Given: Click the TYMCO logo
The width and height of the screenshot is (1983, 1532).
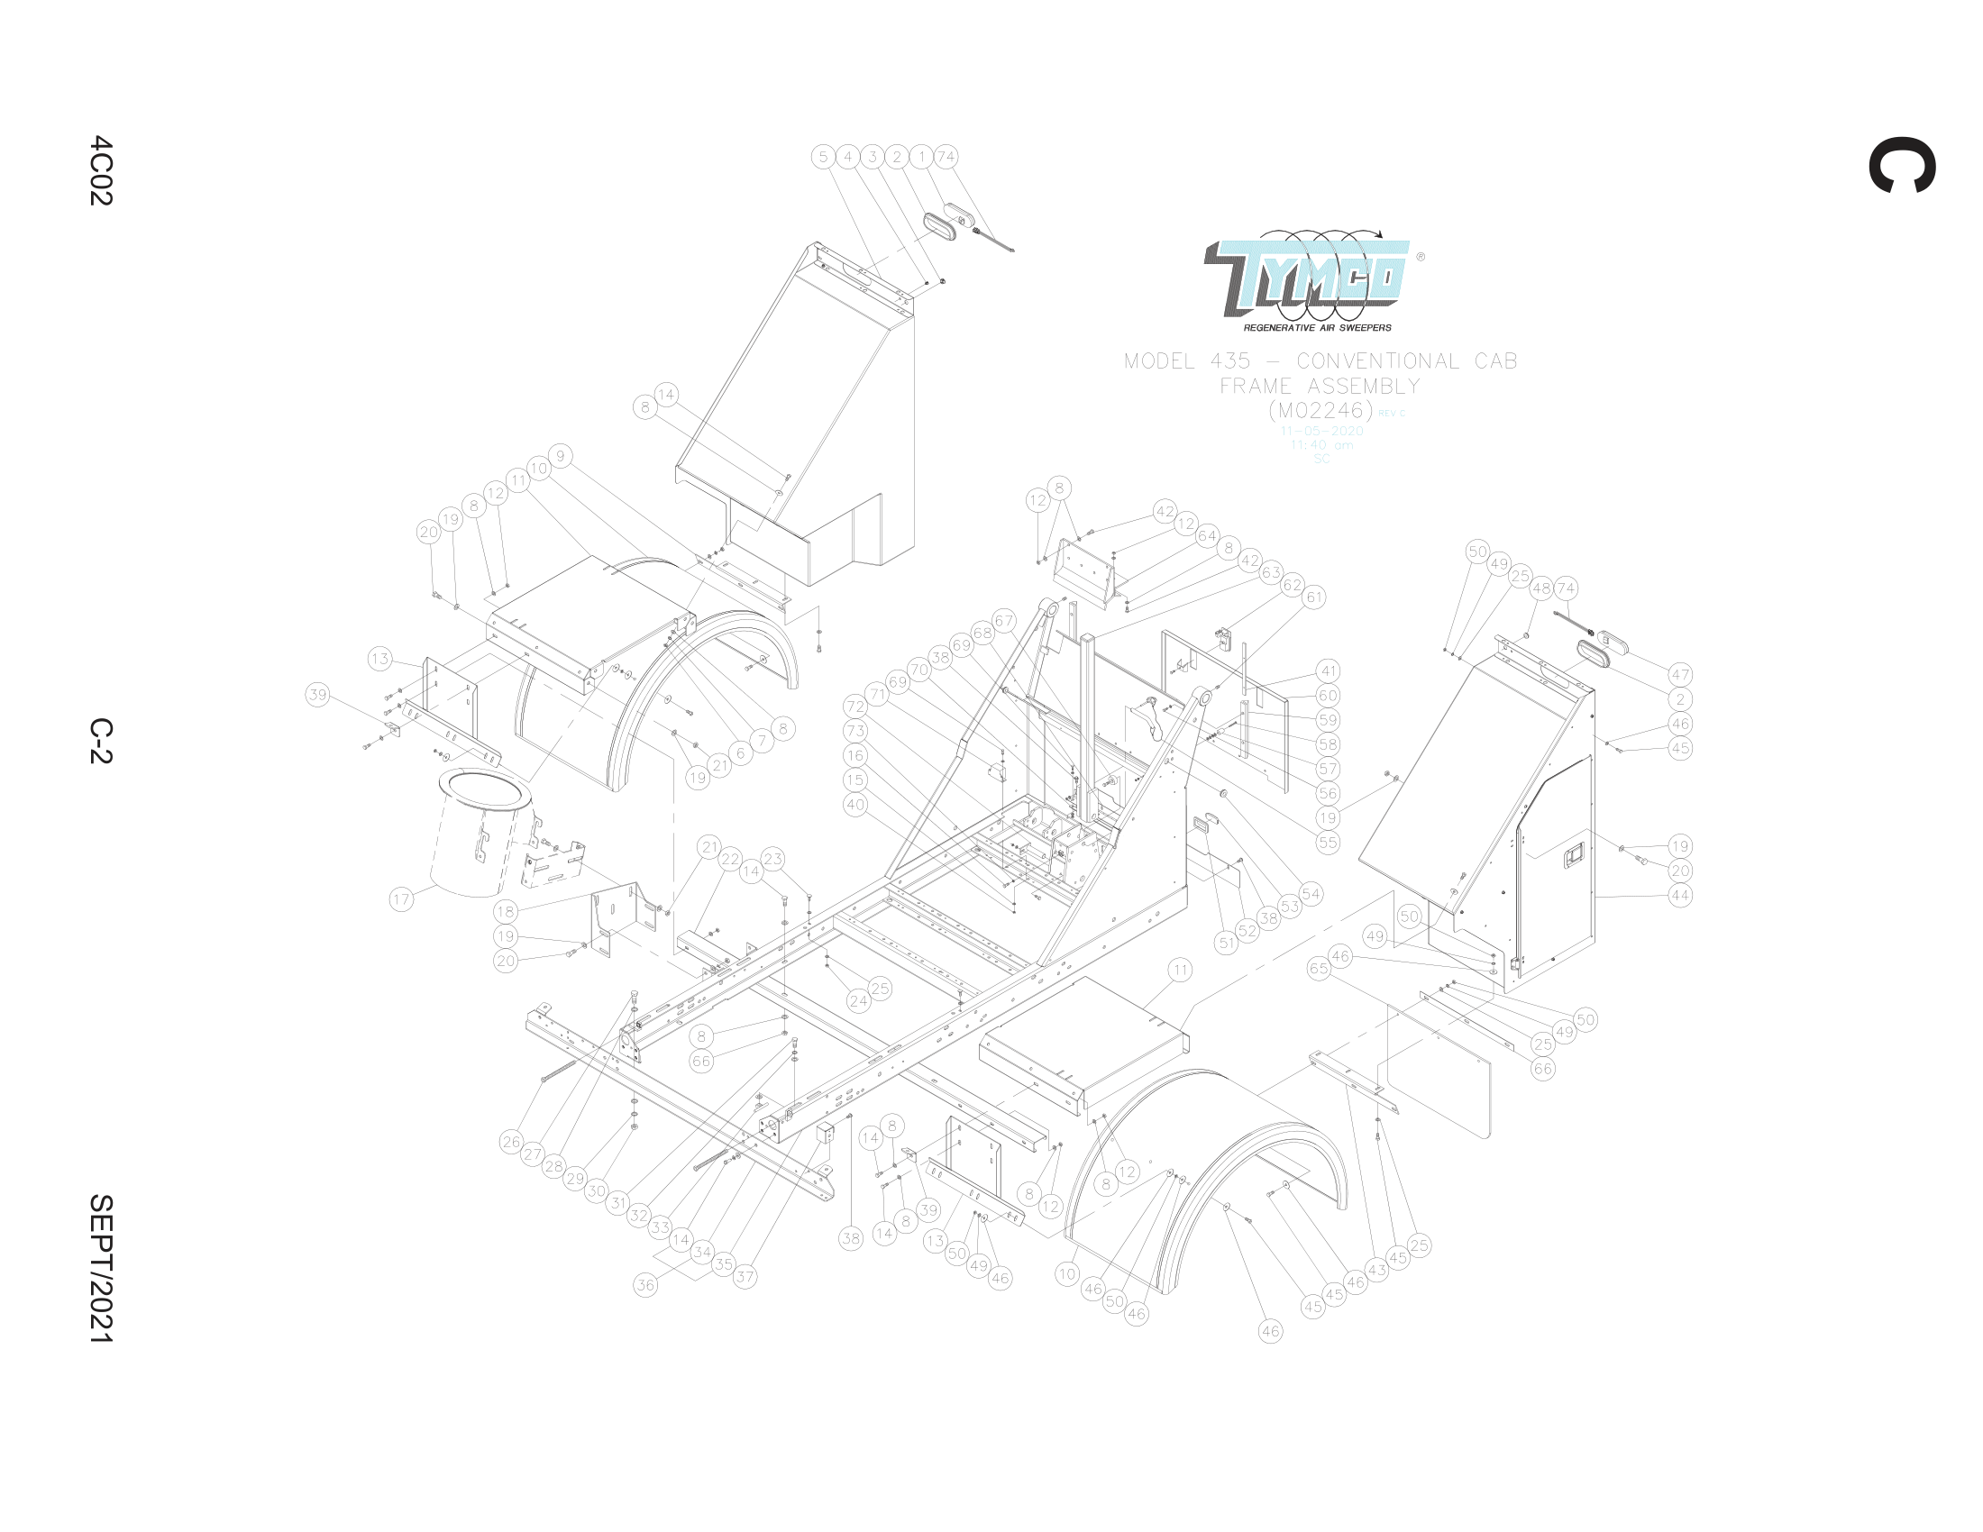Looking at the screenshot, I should click(1308, 272).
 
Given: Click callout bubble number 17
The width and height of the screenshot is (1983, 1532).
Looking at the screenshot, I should click(401, 899).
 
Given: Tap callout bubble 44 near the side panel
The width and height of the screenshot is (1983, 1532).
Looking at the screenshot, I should click(1680, 895).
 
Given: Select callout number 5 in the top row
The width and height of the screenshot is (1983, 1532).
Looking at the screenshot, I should click(823, 156).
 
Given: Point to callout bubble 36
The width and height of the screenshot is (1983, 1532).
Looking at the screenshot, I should click(644, 1284).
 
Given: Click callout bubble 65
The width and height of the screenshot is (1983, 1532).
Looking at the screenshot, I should click(1319, 969).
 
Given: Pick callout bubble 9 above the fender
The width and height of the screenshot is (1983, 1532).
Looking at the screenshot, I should click(561, 456).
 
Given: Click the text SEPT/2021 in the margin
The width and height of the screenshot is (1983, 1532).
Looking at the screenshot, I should click(100, 1268).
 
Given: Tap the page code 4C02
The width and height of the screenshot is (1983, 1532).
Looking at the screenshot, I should click(100, 170).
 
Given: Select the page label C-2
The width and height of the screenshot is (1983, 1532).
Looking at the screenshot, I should click(100, 741).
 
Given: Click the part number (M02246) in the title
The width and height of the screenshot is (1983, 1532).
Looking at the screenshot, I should click(1320, 410).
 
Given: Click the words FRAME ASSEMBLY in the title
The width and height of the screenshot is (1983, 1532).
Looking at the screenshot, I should click(1320, 386).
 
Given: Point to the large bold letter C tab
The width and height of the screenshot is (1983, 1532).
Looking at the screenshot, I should click(1901, 165).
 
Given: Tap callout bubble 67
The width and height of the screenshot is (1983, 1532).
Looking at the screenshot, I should click(1003, 621).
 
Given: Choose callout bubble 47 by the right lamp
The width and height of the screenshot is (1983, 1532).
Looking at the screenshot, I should click(1680, 674).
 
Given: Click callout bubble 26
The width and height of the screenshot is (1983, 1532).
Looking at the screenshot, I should click(511, 1142).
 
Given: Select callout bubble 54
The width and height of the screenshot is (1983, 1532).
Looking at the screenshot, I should click(1311, 893).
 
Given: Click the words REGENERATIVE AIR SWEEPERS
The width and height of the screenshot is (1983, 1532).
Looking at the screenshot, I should click(1317, 328).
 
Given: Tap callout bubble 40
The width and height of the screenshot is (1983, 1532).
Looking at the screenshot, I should click(854, 804).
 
